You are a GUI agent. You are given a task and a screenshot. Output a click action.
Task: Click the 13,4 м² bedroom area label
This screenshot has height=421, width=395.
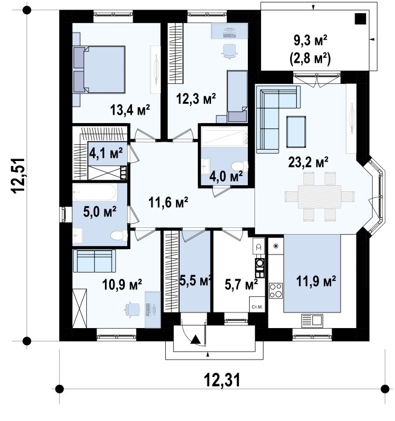[130, 110]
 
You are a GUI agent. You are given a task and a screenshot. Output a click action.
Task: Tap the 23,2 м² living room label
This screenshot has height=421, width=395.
[308, 162]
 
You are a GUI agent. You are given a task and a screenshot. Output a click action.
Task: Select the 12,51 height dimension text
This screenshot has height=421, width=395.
[18, 176]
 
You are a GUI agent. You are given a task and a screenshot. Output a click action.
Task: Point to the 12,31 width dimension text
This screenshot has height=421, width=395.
[222, 379]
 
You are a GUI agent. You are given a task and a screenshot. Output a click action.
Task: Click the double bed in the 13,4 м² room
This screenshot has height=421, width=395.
[99, 69]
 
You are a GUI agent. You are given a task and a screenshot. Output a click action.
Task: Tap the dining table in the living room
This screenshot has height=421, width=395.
[319, 197]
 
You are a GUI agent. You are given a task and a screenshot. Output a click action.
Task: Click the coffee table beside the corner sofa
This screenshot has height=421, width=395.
[296, 132]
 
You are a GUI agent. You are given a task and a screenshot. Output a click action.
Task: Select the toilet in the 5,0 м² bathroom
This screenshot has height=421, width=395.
[119, 235]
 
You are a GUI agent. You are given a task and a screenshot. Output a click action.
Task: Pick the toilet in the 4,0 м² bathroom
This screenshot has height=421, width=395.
[239, 166]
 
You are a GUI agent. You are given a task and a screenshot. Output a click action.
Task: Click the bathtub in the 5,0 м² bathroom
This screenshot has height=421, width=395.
[95, 192]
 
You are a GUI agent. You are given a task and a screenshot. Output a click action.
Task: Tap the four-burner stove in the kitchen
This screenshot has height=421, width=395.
[276, 291]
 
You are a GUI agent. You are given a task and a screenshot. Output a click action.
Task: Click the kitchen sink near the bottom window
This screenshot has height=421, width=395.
[312, 321]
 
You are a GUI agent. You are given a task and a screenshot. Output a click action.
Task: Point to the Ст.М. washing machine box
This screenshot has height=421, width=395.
[257, 304]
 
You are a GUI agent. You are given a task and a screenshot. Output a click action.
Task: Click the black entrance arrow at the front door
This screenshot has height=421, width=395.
[196, 340]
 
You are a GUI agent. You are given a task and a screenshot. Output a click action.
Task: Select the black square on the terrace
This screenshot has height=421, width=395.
[361, 19]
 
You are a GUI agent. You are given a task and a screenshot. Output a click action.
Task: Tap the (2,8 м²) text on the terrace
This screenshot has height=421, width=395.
[310, 59]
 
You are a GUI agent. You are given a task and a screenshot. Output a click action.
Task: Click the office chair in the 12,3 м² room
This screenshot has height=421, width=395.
[230, 51]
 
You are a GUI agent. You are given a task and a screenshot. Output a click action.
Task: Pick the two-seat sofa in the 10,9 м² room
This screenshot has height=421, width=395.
[94, 261]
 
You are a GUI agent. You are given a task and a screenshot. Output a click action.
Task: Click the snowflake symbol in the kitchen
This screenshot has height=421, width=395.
[276, 245]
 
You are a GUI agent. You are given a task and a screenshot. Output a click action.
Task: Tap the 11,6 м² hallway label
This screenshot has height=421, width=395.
[168, 202]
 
